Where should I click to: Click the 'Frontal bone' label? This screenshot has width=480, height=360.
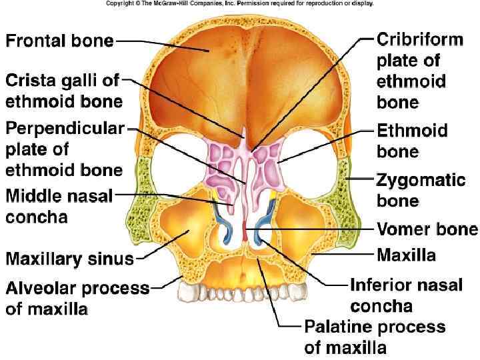point(59,41)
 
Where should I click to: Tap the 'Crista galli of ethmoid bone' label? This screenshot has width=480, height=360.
point(63,91)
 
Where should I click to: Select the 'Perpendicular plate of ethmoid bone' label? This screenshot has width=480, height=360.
point(64,149)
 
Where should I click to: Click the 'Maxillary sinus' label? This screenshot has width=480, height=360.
point(69,258)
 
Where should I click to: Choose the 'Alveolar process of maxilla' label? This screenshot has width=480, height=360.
point(77,299)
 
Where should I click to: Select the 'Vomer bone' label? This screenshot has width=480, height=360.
point(427,230)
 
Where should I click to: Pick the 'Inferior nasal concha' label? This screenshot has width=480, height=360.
point(406,295)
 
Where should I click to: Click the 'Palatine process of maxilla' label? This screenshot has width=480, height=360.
point(374,337)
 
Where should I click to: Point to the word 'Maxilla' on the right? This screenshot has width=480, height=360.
point(406,255)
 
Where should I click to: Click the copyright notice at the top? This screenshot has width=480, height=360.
point(239,3)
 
